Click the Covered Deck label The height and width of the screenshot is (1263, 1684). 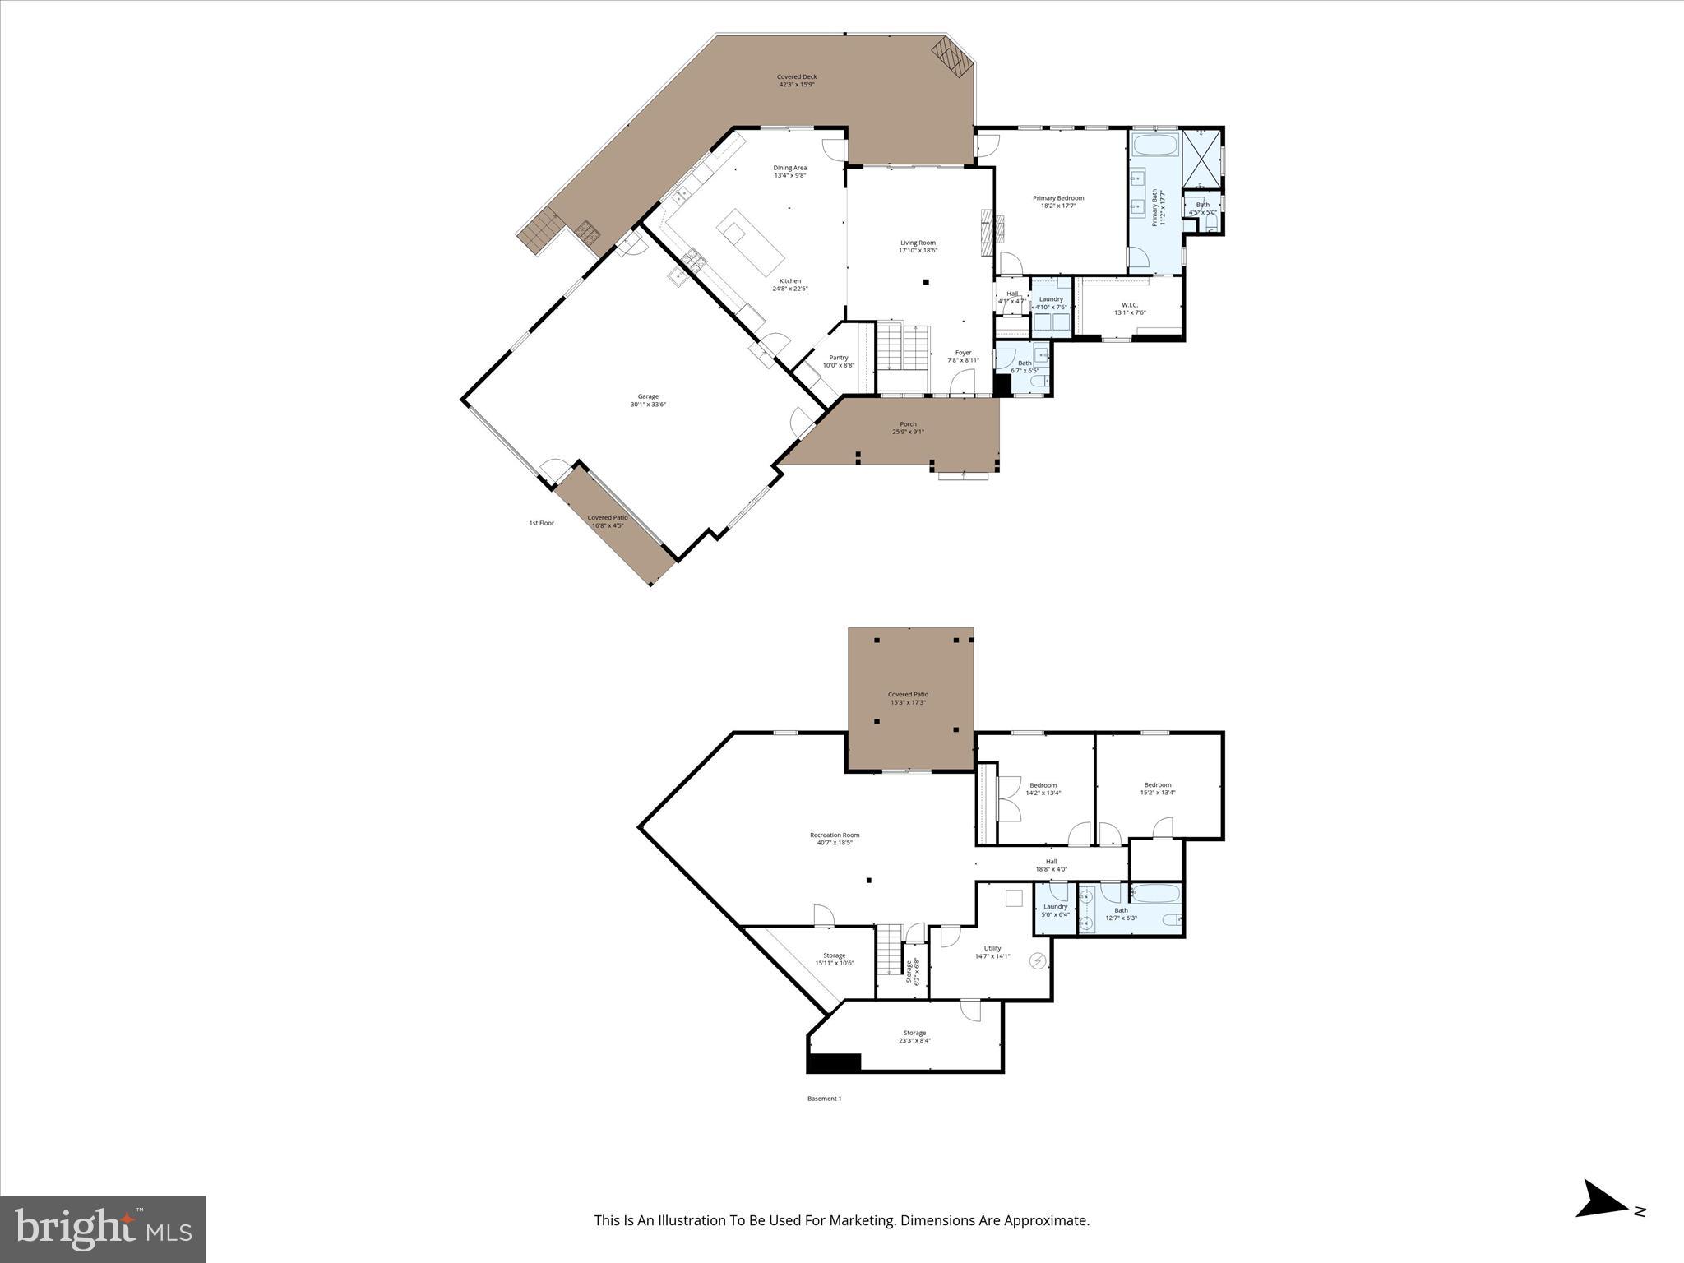pyautogui.click(x=797, y=77)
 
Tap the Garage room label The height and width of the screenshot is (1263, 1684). pyautogui.click(x=648, y=396)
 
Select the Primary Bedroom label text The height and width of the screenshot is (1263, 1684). pyautogui.click(x=1058, y=198)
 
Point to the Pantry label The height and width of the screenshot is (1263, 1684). pyautogui.click(x=838, y=358)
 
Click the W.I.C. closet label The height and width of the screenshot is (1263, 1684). pyautogui.click(x=1129, y=305)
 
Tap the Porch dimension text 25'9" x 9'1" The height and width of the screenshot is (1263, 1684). pyautogui.click(x=908, y=432)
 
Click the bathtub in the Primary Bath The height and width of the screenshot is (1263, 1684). pyautogui.click(x=1155, y=147)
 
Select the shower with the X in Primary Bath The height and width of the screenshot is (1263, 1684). pyautogui.click(x=1201, y=159)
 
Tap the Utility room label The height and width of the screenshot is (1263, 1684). pyautogui.click(x=992, y=948)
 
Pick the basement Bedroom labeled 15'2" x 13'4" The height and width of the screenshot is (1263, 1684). pyautogui.click(x=1157, y=785)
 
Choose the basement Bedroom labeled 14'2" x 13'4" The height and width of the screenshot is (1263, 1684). pyautogui.click(x=1043, y=785)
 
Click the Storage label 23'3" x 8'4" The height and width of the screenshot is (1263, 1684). pyautogui.click(x=914, y=1033)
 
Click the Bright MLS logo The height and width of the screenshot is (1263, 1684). pyautogui.click(x=103, y=1228)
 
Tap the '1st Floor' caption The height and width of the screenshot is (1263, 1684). pyautogui.click(x=541, y=523)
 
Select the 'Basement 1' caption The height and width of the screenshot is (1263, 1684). pyautogui.click(x=824, y=1099)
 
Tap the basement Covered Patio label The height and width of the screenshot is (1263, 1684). pyautogui.click(x=908, y=695)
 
